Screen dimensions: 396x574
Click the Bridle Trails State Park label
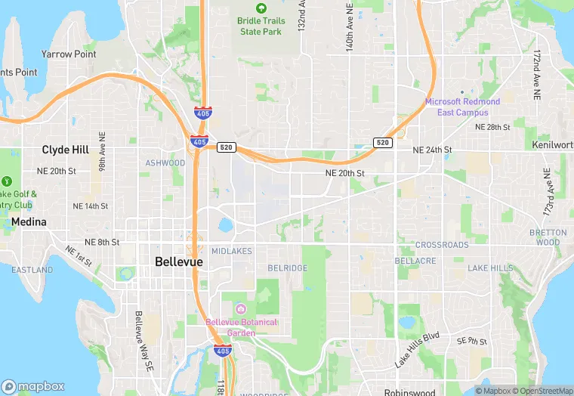click(259, 26)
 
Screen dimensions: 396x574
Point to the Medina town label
click(29, 222)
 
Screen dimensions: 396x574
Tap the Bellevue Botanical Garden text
click(242, 327)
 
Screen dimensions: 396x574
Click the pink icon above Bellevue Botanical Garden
click(240, 309)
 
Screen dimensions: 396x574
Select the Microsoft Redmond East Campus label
click(462, 107)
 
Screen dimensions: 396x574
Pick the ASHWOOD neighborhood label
click(165, 163)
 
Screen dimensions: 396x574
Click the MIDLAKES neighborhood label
click(231, 251)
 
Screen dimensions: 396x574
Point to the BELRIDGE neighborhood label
click(287, 268)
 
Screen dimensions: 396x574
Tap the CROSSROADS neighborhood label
click(442, 245)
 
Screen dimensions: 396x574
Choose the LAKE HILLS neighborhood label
click(490, 268)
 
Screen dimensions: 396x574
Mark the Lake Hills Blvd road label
click(417, 349)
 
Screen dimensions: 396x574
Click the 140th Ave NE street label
click(350, 30)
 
